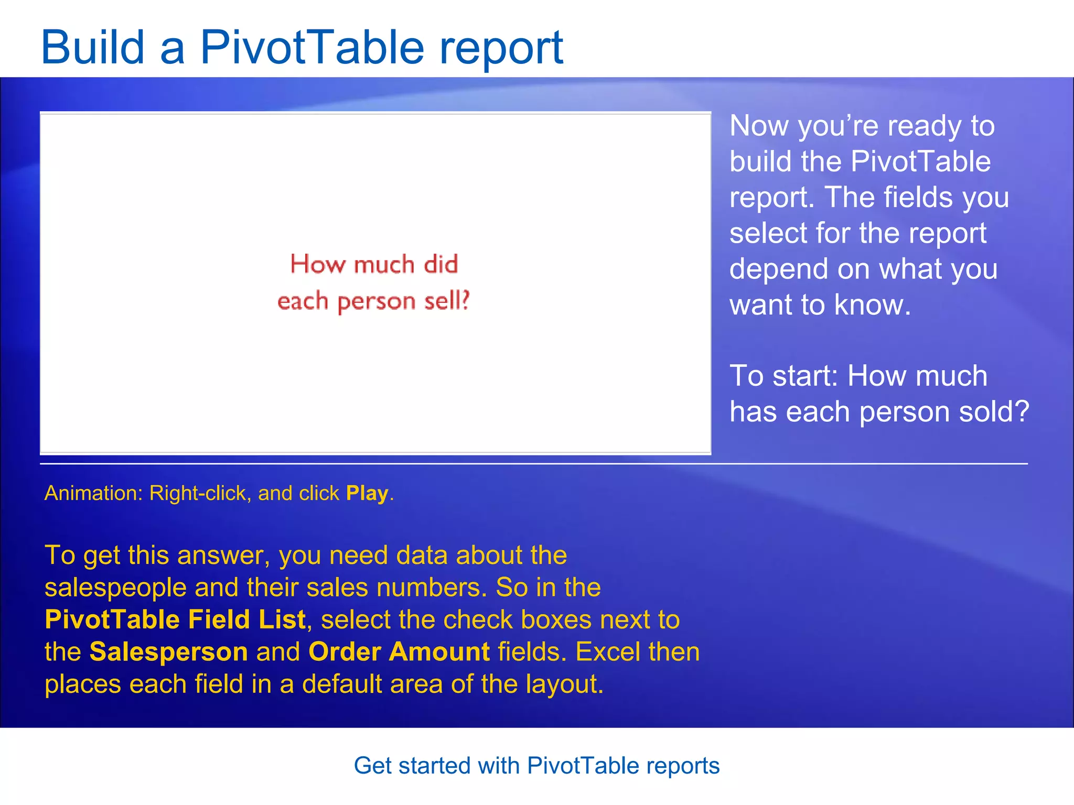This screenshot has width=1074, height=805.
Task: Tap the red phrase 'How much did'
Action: (x=374, y=264)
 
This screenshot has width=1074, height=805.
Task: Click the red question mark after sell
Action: (x=464, y=300)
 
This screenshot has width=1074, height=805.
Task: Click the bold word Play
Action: (x=367, y=493)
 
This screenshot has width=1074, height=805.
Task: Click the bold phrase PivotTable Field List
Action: (x=175, y=619)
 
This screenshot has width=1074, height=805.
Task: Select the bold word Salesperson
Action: (x=168, y=652)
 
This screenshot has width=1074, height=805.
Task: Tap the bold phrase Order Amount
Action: (x=399, y=652)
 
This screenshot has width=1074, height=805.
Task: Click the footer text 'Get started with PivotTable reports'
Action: (x=536, y=766)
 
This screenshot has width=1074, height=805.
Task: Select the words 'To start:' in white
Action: (x=784, y=376)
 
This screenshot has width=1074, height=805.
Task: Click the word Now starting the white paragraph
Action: (x=759, y=126)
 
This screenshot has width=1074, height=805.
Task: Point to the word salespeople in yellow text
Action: (x=115, y=588)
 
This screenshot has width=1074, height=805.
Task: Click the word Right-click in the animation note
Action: (x=198, y=493)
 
